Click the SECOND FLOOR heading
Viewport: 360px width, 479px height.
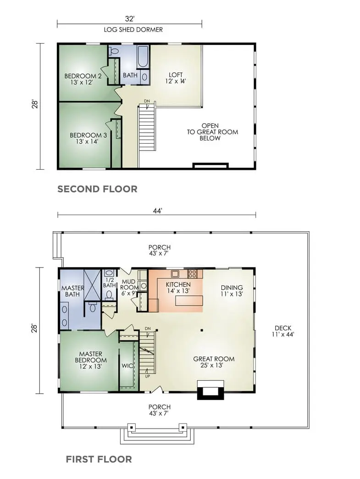tap(97, 189)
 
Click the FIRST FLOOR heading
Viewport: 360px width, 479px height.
tap(99, 459)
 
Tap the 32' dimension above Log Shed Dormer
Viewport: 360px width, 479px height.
tap(129, 19)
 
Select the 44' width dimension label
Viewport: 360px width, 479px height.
tap(157, 211)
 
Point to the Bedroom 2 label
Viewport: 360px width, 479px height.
tap(83, 79)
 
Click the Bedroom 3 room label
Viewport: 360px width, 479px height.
tap(88, 138)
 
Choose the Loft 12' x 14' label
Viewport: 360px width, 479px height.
tap(176, 78)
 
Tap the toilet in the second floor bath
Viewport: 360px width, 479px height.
tap(114, 51)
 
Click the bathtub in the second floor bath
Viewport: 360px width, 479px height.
tap(143, 57)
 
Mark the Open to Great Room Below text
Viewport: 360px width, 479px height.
tap(212, 132)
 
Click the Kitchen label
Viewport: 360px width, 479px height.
tap(178, 288)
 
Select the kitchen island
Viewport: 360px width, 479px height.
tap(189, 301)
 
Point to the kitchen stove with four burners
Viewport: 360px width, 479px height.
tap(192, 274)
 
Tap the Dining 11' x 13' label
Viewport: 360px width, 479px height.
tap(232, 291)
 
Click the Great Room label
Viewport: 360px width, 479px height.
tap(214, 362)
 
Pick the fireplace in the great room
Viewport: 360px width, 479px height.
tap(210, 390)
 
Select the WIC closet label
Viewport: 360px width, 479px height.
tap(127, 366)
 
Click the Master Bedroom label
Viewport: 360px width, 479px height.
tap(91, 360)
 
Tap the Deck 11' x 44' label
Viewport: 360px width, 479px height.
tap(283, 331)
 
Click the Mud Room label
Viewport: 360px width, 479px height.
tap(128, 288)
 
